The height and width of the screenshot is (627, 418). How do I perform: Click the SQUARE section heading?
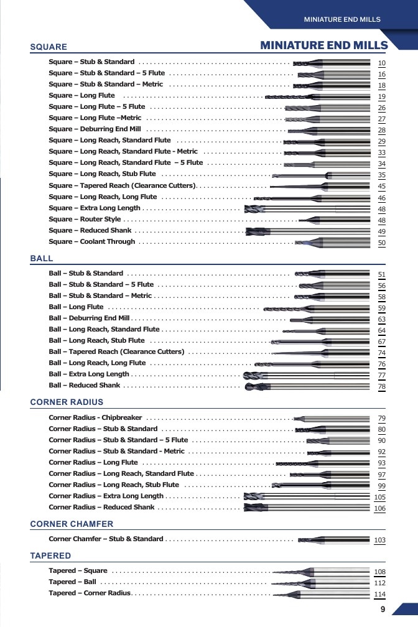coord(49,47)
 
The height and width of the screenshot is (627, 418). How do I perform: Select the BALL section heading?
coord(42,258)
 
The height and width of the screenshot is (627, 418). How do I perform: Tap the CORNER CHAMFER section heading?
coord(72,524)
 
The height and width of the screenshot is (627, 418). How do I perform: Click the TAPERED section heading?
coord(50,555)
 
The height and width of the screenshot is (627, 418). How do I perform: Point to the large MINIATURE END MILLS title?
coord(324,45)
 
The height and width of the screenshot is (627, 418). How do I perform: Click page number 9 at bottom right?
coord(383,609)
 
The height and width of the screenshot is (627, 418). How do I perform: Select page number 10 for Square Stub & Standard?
coord(381,63)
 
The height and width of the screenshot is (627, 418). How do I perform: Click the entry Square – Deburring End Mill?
coord(95,129)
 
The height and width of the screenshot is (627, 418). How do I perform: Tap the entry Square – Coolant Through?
coord(92,241)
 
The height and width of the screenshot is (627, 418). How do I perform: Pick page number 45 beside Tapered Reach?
coord(381,186)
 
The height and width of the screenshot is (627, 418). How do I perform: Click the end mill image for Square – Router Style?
coord(334,220)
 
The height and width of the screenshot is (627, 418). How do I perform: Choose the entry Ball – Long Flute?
coord(76,307)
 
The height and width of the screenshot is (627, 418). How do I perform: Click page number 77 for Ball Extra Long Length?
coord(381,375)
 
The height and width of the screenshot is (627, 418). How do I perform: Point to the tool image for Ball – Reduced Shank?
coord(307,387)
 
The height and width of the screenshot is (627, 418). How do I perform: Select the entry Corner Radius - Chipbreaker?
coord(95,417)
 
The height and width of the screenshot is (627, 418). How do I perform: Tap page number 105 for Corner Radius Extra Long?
coord(379,497)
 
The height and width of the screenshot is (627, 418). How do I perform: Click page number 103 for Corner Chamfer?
coord(379,540)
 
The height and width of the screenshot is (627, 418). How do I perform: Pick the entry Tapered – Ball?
coord(72,582)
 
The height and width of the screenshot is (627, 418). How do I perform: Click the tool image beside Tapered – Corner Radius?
coord(321,595)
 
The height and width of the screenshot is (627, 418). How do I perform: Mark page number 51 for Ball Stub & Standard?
coord(381,274)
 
